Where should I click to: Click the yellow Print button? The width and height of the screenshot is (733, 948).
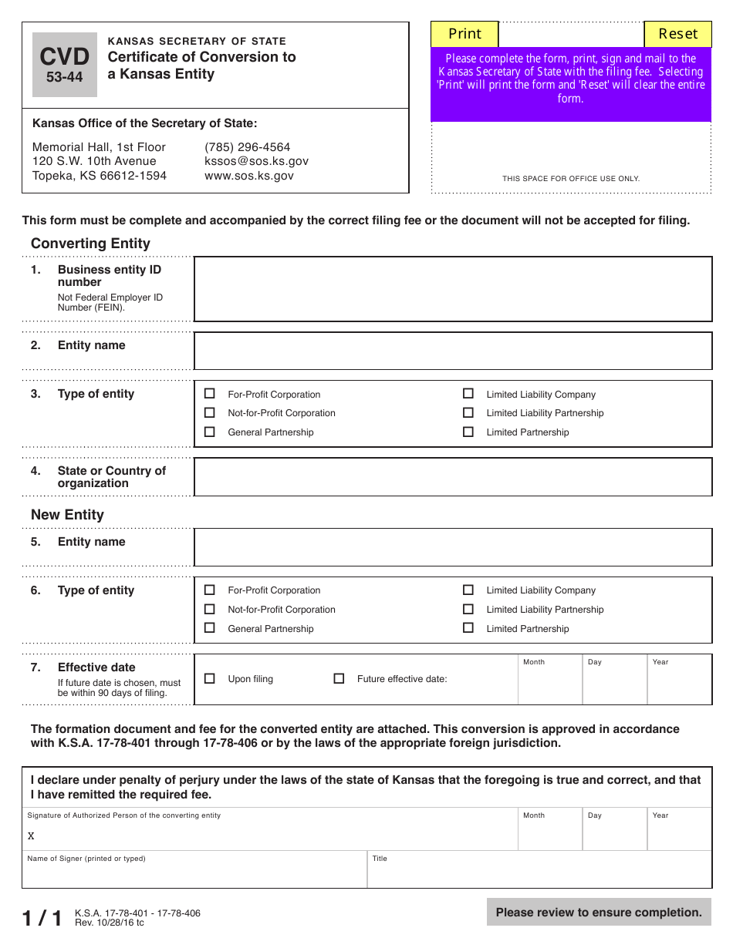pos(464,34)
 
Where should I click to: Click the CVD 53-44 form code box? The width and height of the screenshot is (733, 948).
pos(65,65)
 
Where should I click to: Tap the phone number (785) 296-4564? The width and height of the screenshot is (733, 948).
pos(247,147)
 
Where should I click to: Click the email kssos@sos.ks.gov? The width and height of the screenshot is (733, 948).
pos(256,161)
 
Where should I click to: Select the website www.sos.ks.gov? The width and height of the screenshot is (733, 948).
pos(248,176)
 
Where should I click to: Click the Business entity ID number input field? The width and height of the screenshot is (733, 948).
pos(452,289)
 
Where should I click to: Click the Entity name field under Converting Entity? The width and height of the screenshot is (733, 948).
pos(452,351)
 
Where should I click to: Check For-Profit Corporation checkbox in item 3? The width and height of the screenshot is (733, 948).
pos(209,394)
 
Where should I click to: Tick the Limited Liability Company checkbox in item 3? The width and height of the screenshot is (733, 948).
pos(468,394)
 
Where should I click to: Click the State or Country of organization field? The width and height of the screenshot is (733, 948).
pos(452,477)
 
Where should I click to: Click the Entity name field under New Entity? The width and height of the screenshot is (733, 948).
pos(452,547)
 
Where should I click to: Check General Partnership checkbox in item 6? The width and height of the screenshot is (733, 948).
pos(209,628)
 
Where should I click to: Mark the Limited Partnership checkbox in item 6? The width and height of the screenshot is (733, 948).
pos(468,628)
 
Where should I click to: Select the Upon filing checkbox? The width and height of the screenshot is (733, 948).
pos(209,679)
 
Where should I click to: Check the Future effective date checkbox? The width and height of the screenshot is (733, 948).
pos(339,679)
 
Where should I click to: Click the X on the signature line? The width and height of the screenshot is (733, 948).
pos(32,836)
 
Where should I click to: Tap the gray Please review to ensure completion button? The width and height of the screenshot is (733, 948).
pos(599,913)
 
